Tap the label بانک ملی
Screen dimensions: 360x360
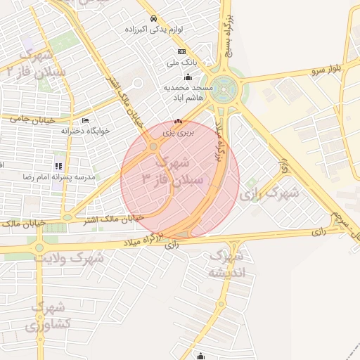tap(181, 62)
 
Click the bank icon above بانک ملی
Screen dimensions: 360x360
tap(181, 51)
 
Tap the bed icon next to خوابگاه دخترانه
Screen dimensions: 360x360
tap(85, 121)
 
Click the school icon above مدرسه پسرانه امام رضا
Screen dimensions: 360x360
tap(58, 167)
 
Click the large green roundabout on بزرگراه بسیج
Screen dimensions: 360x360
tap(225, 90)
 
